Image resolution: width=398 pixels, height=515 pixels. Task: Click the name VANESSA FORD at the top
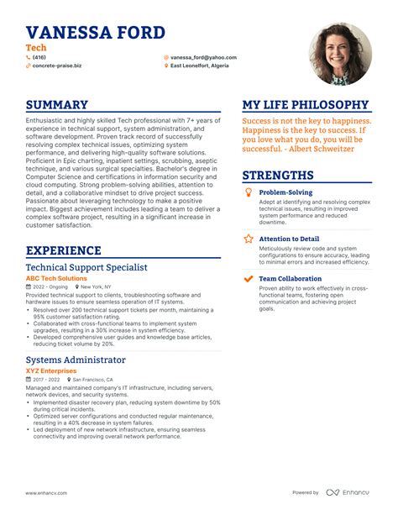pyautogui.click(x=95, y=33)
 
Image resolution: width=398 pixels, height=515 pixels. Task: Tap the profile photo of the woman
pyautogui.click(x=341, y=53)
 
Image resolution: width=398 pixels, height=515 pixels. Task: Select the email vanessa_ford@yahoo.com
pyautogui.click(x=203, y=58)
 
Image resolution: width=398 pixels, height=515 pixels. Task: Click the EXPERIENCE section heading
pyautogui.click(x=64, y=250)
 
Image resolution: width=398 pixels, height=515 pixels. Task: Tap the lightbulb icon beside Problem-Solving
pyautogui.click(x=248, y=192)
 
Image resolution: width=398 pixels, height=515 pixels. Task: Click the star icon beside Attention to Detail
pyautogui.click(x=248, y=239)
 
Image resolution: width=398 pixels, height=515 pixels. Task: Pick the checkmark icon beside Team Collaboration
pyautogui.click(x=248, y=278)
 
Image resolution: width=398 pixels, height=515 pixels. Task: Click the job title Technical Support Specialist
pyautogui.click(x=86, y=267)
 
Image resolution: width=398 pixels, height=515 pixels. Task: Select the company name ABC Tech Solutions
pyautogui.click(x=56, y=278)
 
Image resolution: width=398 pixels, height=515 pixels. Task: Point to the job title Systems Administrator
pyautogui.click(x=76, y=360)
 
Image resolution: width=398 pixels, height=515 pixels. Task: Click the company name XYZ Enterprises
pyautogui.click(x=51, y=370)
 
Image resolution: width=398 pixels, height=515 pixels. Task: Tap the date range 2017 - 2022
pyautogui.click(x=48, y=380)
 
